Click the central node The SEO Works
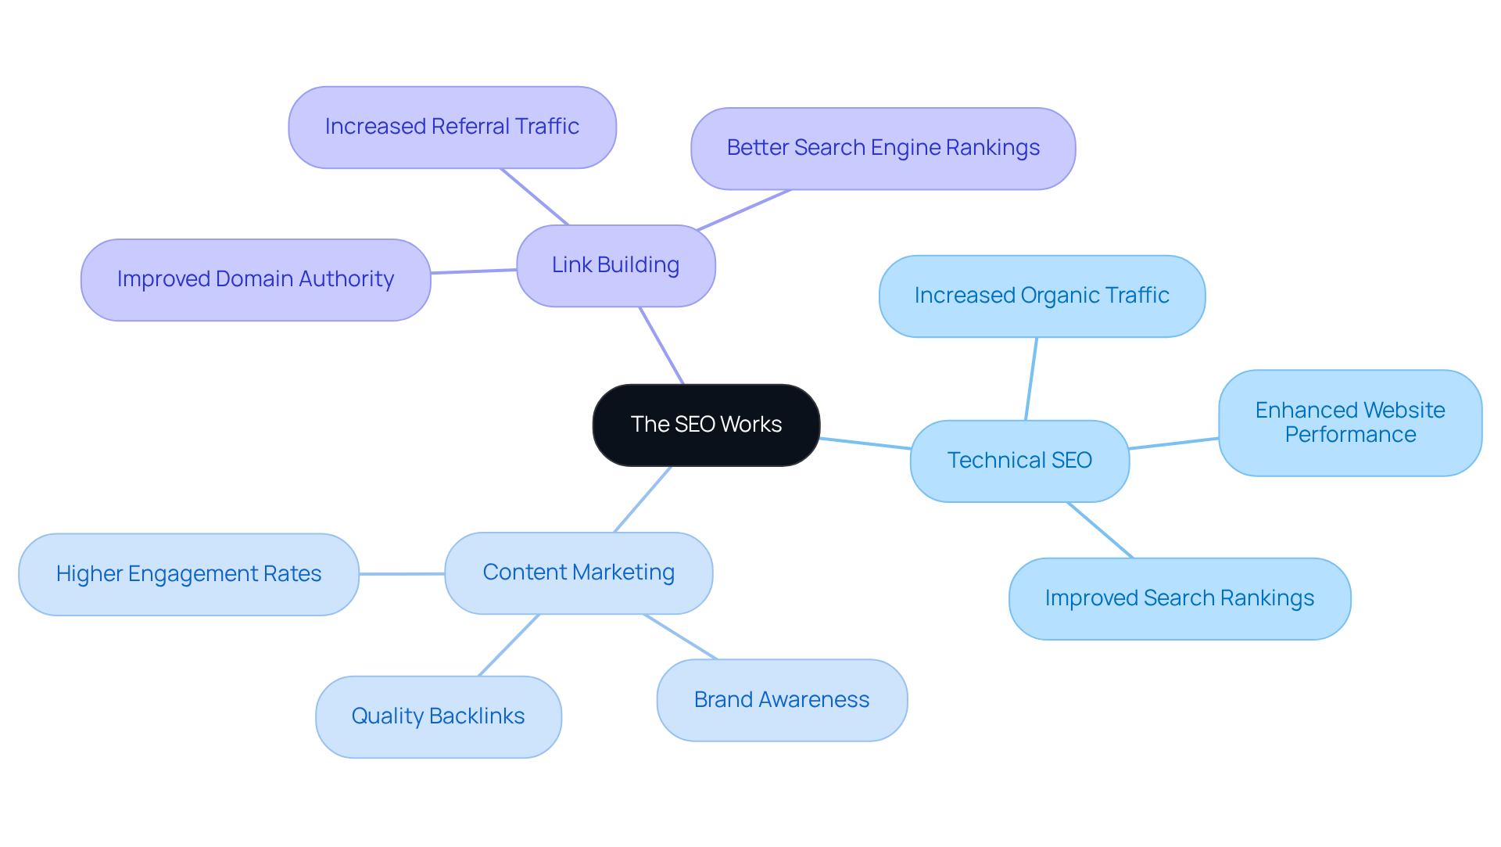706,425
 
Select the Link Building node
615,265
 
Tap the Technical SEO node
1019,461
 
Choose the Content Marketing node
579,572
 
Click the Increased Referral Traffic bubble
452,127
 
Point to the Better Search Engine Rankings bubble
883,148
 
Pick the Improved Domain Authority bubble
256,279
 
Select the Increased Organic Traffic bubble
1041,296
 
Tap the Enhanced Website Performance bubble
1349,422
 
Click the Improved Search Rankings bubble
1179,598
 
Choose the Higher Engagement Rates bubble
188,574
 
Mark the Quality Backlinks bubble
438,716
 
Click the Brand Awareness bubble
782,700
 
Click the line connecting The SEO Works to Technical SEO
865,443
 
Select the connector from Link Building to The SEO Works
661,345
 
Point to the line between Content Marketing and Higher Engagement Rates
402,574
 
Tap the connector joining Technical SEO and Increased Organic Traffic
1031,379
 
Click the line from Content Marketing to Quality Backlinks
509,644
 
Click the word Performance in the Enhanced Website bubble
1350,435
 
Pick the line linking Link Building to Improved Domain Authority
474,271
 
